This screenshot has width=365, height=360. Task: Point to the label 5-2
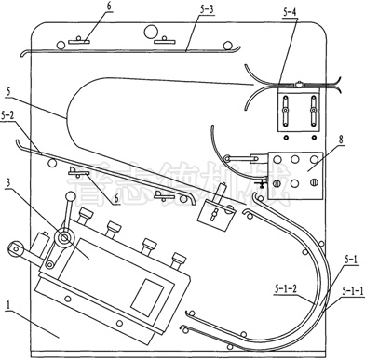[9, 118]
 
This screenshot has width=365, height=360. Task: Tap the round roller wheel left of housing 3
[17, 250]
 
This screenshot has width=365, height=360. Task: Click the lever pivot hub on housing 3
[61, 240]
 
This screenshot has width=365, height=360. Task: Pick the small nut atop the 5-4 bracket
[298, 86]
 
